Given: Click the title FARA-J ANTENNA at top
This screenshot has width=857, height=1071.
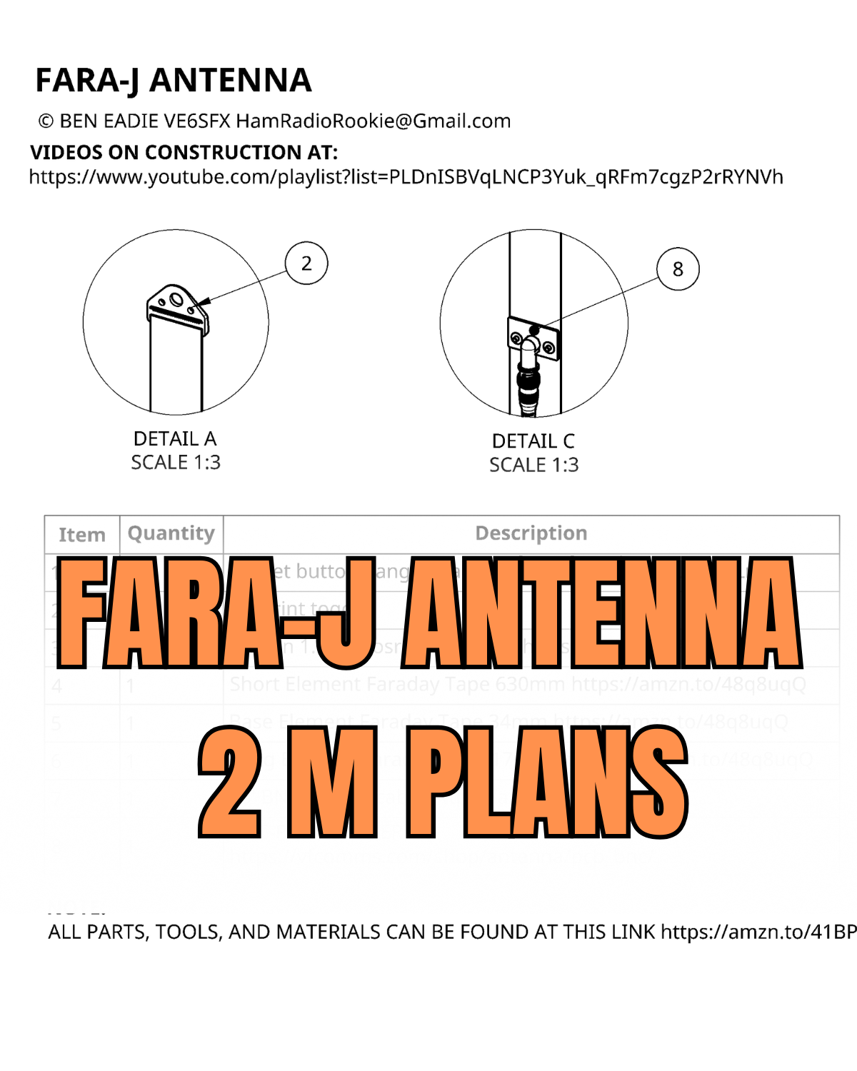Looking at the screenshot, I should pyautogui.click(x=174, y=80).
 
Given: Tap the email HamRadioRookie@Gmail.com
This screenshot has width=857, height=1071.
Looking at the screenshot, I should pyautogui.click(x=374, y=121).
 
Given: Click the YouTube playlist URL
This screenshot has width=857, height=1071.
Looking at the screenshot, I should pyautogui.click(x=406, y=177).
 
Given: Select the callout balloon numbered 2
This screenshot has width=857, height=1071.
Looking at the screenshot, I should pyautogui.click(x=306, y=263).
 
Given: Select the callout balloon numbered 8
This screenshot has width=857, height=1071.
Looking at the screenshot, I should pyautogui.click(x=678, y=269).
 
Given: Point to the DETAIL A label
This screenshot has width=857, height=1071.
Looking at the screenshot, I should pyautogui.click(x=175, y=438).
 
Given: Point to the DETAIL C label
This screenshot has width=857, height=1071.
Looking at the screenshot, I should pyautogui.click(x=533, y=441).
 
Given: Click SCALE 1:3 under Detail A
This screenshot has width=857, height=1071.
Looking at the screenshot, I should pyautogui.click(x=176, y=463).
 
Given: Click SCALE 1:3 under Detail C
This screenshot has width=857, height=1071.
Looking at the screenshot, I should pyautogui.click(x=533, y=466).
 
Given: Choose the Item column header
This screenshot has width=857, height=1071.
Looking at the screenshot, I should pyautogui.click(x=82, y=535).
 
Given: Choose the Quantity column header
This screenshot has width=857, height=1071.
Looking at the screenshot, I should pyautogui.click(x=171, y=533).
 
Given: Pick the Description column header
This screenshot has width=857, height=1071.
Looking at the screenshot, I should pyautogui.click(x=531, y=533).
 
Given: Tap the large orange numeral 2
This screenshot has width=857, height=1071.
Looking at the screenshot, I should pyautogui.click(x=230, y=781).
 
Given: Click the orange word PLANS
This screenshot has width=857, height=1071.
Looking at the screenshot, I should pyautogui.click(x=546, y=781).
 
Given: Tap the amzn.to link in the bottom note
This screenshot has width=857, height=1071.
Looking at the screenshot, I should pyautogui.click(x=758, y=932).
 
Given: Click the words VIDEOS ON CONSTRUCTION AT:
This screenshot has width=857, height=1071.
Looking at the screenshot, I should pyautogui.click(x=184, y=152).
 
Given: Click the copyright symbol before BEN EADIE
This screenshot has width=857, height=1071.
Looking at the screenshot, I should pyautogui.click(x=46, y=121).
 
